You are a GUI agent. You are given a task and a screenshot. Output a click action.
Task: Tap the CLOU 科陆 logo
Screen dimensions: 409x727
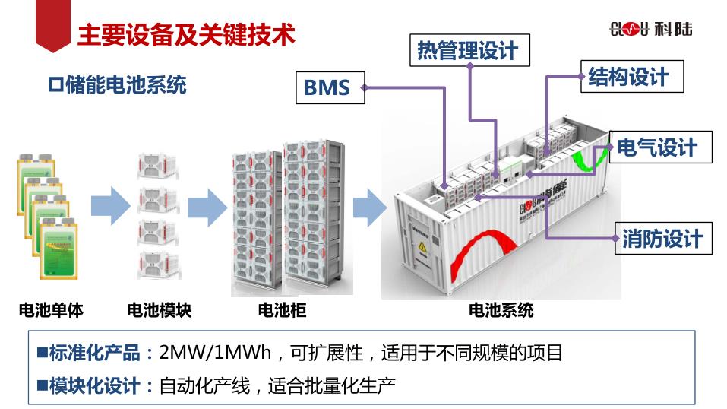pyautogui.click(x=651, y=30)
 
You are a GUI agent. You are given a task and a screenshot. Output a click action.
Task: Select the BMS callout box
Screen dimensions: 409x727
pyautogui.click(x=327, y=87)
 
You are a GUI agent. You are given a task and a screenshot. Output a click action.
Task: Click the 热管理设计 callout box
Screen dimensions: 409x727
pyautogui.click(x=467, y=50)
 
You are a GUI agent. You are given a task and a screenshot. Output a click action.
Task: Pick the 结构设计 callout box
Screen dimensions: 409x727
pyautogui.click(x=627, y=77)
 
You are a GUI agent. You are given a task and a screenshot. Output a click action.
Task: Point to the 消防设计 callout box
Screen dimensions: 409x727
pyautogui.click(x=662, y=239)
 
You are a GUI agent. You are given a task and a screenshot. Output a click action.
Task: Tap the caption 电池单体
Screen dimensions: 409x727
pyautogui.click(x=51, y=310)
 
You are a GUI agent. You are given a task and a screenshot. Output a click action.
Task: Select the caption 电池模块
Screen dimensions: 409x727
pyautogui.click(x=159, y=310)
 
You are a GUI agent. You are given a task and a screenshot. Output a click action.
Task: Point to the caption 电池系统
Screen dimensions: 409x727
pyautogui.click(x=501, y=310)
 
